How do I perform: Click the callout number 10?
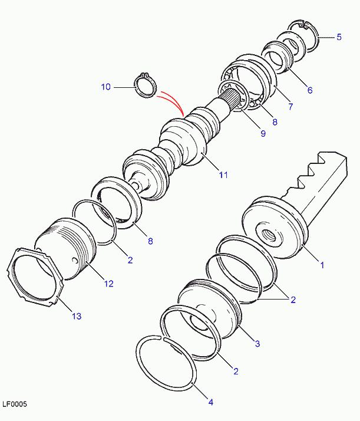pyautogui.click(x=105, y=87)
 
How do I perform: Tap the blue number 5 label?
pyautogui.click(x=339, y=37)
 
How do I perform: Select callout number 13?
pyautogui.click(x=77, y=316)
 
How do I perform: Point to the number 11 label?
pyautogui.click(x=223, y=175)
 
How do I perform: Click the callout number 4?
pyautogui.click(x=211, y=402)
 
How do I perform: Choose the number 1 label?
pyautogui.click(x=322, y=265)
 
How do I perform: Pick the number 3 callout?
pyautogui.click(x=257, y=343)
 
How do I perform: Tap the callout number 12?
pyautogui.click(x=108, y=284)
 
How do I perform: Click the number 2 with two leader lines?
pyautogui.click(x=293, y=300)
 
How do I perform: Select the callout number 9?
pyautogui.click(x=263, y=133)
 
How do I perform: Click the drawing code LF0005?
pyautogui.click(x=15, y=404)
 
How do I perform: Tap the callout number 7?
pyautogui.click(x=290, y=106)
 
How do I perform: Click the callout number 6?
pyautogui.click(x=310, y=90)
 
